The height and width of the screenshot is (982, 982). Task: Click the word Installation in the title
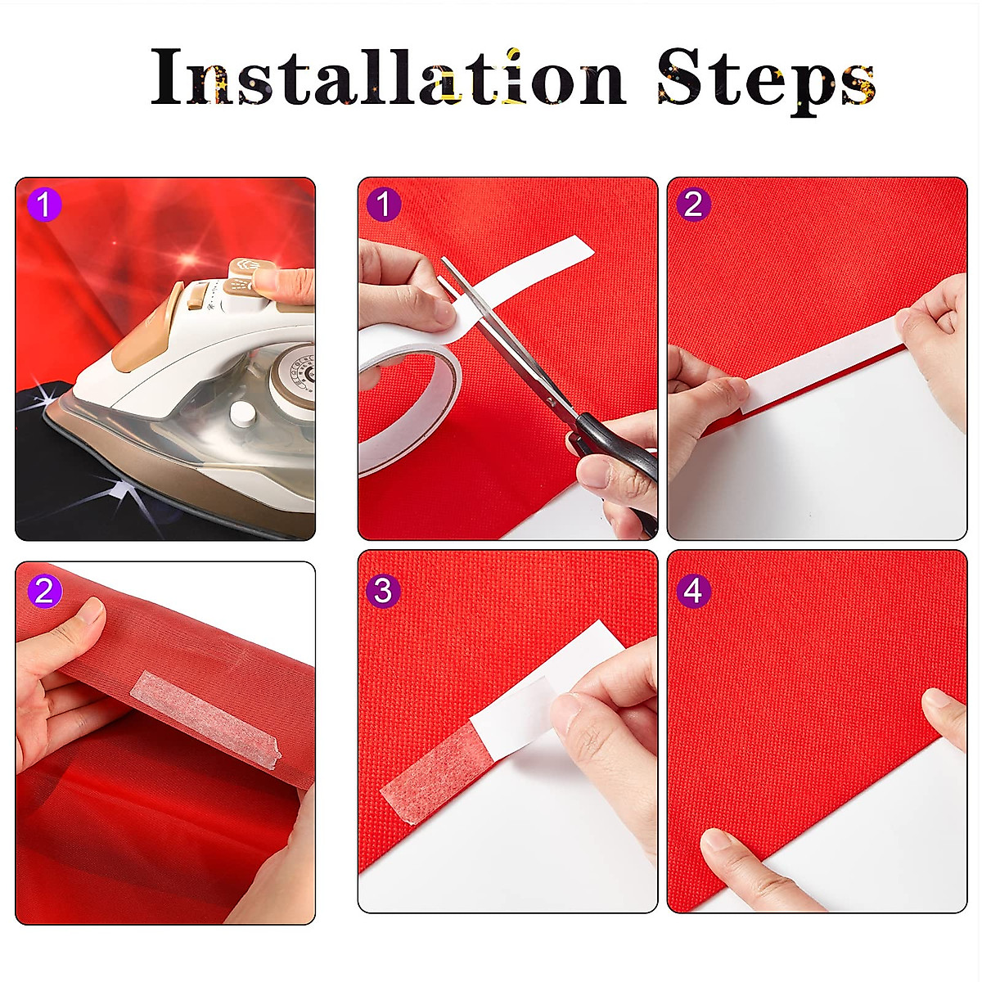click(389, 76)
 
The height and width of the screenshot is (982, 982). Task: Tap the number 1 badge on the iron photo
click(44, 205)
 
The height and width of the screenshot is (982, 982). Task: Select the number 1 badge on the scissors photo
click(384, 205)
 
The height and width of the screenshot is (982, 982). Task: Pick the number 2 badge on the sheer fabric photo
click(44, 591)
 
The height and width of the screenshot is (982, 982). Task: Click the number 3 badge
click(384, 591)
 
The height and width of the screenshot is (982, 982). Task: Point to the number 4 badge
click(694, 591)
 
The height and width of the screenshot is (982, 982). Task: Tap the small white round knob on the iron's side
click(241, 414)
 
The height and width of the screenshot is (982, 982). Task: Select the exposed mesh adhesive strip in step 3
click(433, 767)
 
